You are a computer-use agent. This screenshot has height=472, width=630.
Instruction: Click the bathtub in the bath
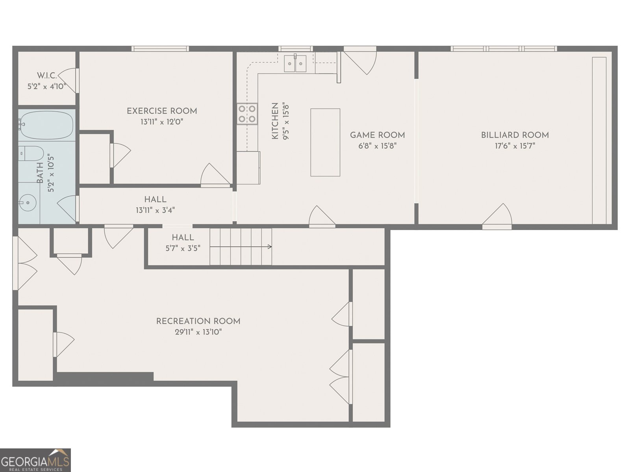click(46, 125)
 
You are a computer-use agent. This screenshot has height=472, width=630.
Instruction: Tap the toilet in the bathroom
click(31, 154)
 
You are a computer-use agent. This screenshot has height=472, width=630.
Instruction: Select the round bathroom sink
click(28, 203)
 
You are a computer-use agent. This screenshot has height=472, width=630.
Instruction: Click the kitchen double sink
click(295, 63)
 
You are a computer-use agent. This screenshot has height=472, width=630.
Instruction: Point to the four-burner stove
click(247, 114)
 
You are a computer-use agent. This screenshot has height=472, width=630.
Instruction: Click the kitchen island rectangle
click(325, 142)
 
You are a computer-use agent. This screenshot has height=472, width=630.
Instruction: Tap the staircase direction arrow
click(241, 247)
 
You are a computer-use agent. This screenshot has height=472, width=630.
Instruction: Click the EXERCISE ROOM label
click(162, 111)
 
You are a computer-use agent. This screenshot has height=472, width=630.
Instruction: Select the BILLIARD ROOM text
click(515, 135)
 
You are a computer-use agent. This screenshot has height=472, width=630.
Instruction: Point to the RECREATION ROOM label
click(198, 321)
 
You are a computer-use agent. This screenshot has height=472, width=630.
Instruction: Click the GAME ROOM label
click(378, 135)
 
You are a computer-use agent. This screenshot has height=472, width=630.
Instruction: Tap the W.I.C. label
click(47, 76)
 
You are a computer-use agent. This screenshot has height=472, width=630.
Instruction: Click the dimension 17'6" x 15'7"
click(515, 146)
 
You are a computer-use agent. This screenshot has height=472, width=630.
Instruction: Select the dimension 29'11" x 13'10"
click(198, 332)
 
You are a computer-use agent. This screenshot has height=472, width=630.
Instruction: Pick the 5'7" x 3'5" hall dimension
click(183, 248)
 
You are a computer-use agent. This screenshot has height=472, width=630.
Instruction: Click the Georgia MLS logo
click(35, 460)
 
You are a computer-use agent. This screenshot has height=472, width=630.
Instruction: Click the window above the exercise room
click(160, 49)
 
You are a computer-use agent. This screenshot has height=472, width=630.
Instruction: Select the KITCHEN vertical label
click(275, 121)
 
